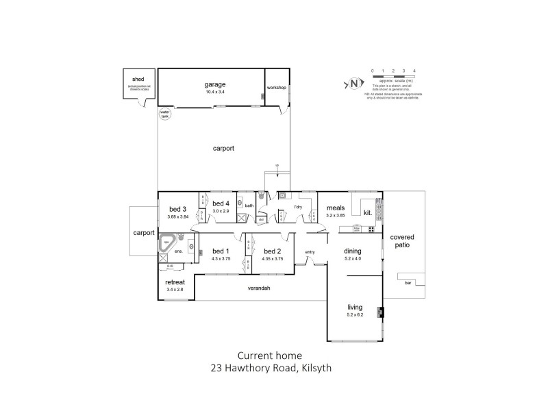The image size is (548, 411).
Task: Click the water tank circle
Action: pyautogui.click(x=164, y=114)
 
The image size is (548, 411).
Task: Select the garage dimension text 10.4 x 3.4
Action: pyautogui.click(x=214, y=91)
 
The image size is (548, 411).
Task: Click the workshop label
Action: pyautogui.click(x=277, y=88)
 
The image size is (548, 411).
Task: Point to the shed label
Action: pyautogui.click(x=138, y=79)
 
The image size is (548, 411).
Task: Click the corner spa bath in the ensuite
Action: pyautogui.click(x=167, y=243)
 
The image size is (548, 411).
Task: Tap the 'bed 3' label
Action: pyautogui.click(x=177, y=209)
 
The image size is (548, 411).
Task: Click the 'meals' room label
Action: pyautogui.click(x=334, y=208)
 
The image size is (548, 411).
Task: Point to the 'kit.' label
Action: pyautogui.click(x=368, y=213)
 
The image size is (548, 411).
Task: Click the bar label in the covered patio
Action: pyautogui.click(x=409, y=282)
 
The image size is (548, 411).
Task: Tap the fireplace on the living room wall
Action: pyautogui.click(x=382, y=313)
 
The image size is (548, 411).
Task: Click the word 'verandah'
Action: pyautogui.click(x=259, y=288)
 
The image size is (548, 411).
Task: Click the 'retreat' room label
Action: pyautogui.click(x=175, y=282)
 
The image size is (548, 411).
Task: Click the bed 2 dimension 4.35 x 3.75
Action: pyautogui.click(x=272, y=259)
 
